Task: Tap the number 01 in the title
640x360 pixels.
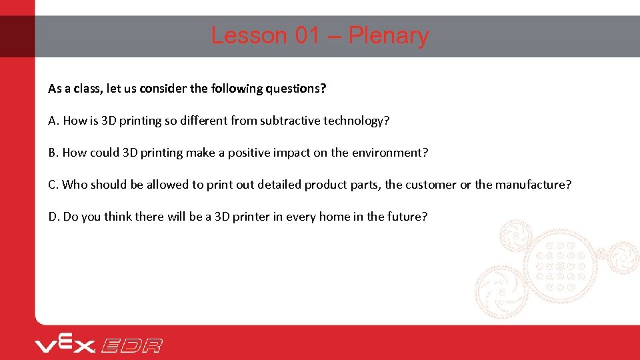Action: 307,35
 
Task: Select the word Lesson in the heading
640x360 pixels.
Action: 249,35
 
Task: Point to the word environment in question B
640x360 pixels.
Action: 389,153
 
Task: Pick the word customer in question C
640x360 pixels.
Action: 431,185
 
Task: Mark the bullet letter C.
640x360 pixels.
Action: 53,185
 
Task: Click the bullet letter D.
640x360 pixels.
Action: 53,217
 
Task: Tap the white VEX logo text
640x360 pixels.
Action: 65,345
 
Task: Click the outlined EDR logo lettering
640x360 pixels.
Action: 131,345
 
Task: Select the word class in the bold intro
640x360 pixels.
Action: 86,89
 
